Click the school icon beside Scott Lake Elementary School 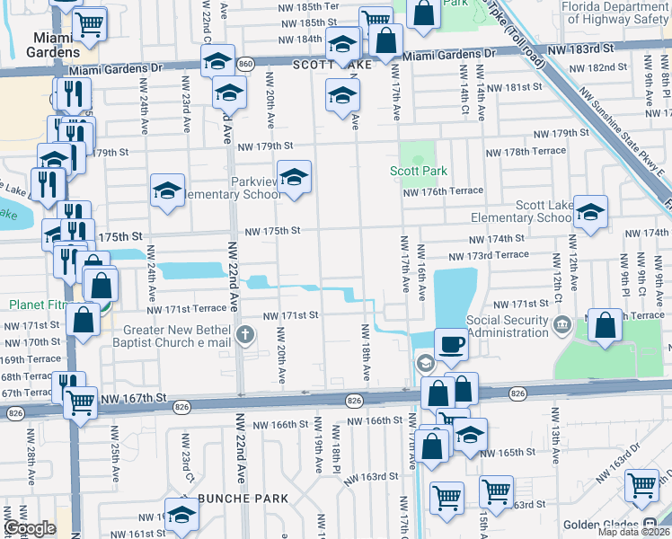pos(589,213)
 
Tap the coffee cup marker pos(451,343)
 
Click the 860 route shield pos(245,64)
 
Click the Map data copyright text pos(634,532)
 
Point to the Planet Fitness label pos(34,305)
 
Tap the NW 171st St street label pos(290,315)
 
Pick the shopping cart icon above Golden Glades pos(642,485)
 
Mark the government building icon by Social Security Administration pos(563,323)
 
